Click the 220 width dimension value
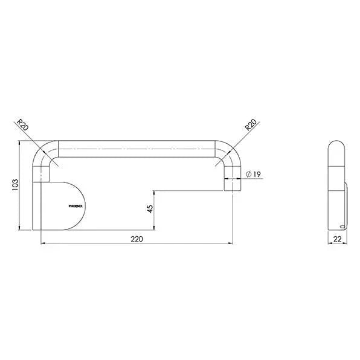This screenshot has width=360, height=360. [x=136, y=239]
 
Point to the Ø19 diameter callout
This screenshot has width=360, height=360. [x=253, y=175]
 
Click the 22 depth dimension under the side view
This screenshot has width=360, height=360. [x=337, y=239]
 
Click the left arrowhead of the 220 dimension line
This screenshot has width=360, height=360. [x=42, y=243]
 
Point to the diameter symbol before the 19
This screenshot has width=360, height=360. [x=249, y=175]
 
